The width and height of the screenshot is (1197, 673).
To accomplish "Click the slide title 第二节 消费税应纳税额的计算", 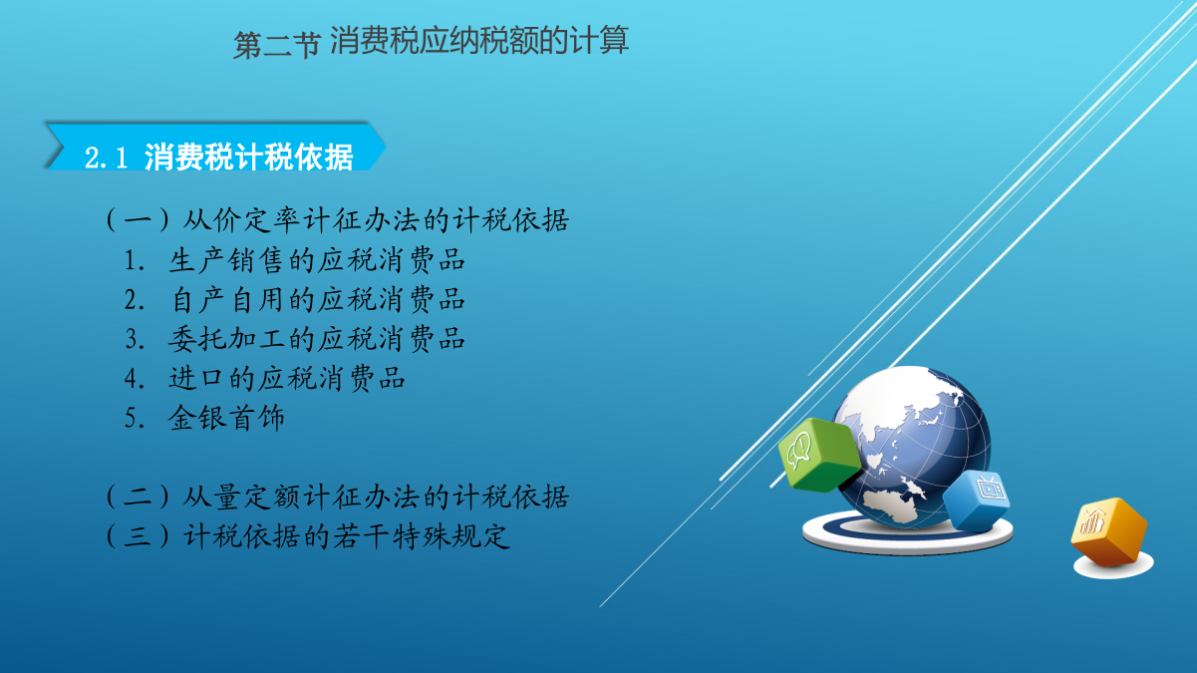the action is pyautogui.click(x=431, y=41).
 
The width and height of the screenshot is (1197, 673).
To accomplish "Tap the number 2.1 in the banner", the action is pyautogui.click(x=107, y=159).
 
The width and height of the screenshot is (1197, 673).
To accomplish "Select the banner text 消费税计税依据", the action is pyautogui.click(x=248, y=158).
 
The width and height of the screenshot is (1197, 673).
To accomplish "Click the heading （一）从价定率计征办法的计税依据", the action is pyautogui.click(x=337, y=220).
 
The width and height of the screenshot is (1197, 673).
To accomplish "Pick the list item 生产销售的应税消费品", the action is pyautogui.click(x=317, y=260).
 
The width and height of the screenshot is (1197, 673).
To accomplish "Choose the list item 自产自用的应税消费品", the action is pyautogui.click(x=318, y=299).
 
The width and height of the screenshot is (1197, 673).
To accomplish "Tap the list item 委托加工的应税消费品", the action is pyautogui.click(x=317, y=339).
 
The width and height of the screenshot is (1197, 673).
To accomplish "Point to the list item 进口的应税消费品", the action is pyautogui.click(x=287, y=379).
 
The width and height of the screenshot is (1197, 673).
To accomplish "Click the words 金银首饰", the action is pyautogui.click(x=226, y=418).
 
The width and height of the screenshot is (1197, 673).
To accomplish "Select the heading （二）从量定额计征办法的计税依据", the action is pyautogui.click(x=337, y=497).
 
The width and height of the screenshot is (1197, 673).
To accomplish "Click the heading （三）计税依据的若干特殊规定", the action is pyautogui.click(x=307, y=536).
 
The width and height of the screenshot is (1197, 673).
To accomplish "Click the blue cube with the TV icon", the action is pyautogui.click(x=977, y=500).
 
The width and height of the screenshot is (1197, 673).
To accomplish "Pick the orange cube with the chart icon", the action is pyautogui.click(x=1109, y=530).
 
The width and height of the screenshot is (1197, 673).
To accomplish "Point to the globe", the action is pyautogui.click(x=913, y=447).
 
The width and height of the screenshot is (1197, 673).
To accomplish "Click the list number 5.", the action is pyautogui.click(x=135, y=418).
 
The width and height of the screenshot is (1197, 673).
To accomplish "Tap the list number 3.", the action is pyautogui.click(x=135, y=339).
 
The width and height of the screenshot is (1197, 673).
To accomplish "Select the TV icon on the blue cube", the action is pyautogui.click(x=991, y=488).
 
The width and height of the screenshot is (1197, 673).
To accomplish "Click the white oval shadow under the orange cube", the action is pyautogui.click(x=1113, y=565).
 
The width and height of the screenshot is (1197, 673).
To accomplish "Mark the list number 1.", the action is pyautogui.click(x=135, y=261).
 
